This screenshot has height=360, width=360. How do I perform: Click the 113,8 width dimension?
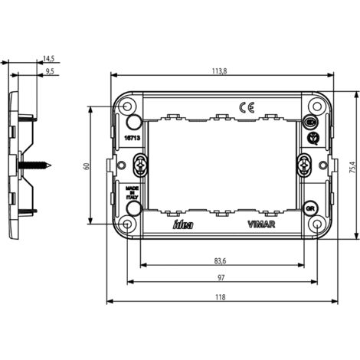point(223,70)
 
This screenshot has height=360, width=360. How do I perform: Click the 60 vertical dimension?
point(87,165)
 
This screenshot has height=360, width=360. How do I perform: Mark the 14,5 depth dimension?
point(48,58)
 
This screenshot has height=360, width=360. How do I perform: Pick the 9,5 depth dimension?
point(50,71)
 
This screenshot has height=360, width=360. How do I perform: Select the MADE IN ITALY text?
point(132,191)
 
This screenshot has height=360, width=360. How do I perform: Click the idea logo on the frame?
point(184,224)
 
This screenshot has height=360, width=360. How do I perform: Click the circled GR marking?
point(310,208)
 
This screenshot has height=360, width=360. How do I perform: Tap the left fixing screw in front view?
point(140,164)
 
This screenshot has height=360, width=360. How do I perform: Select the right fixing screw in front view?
point(304,164)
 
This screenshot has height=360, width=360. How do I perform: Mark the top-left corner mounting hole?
point(126,105)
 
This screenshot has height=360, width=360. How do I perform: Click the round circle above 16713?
point(132,123)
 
